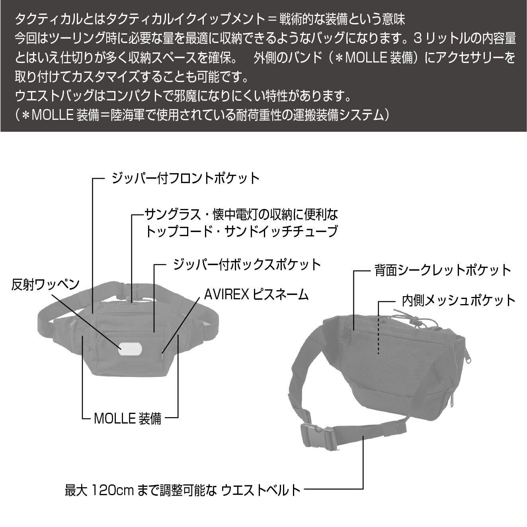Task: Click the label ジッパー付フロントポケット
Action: (185, 178)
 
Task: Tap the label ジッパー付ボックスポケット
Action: (247, 264)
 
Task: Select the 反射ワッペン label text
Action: (45, 285)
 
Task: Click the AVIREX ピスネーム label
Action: (256, 295)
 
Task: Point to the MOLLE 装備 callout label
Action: (128, 418)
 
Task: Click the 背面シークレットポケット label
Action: (443, 270)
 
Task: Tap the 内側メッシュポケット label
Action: (459, 300)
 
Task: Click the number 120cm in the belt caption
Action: (112, 490)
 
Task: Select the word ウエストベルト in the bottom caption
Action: (261, 490)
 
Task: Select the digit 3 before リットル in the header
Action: (417, 38)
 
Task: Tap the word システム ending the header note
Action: (360, 115)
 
